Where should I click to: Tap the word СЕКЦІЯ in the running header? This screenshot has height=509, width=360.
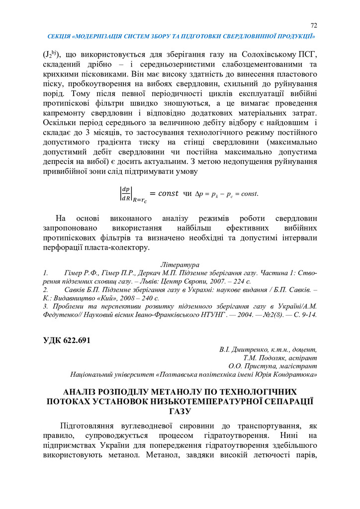click(58, 37)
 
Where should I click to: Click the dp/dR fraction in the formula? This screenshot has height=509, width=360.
click(125, 193)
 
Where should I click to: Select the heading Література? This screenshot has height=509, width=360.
click(180, 265)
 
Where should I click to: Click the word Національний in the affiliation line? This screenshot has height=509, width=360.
click(93, 374)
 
